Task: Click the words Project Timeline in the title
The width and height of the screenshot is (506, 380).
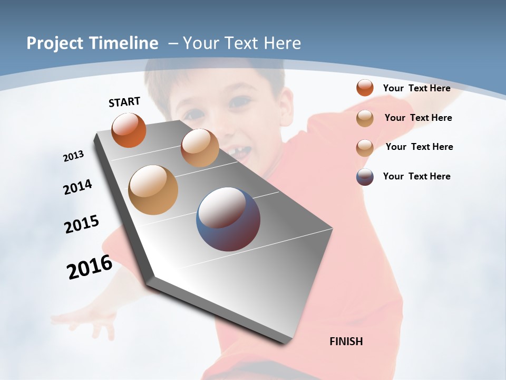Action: [x=92, y=43]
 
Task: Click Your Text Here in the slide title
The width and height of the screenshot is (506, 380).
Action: [x=242, y=43]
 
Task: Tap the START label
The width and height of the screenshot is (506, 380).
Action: [x=124, y=102]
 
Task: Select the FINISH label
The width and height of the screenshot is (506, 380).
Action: [x=346, y=341]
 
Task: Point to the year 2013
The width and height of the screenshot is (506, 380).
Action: [x=73, y=156]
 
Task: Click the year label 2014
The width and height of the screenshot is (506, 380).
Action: [x=77, y=187]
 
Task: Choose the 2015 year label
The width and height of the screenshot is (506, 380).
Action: [x=82, y=224]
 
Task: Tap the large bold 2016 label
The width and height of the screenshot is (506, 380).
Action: [x=90, y=267]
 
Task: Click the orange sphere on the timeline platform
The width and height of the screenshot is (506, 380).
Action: [x=129, y=130]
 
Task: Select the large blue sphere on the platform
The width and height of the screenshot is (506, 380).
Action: [x=228, y=219]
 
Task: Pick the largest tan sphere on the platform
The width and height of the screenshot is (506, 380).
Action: [x=153, y=190]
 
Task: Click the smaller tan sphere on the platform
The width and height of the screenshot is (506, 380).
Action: [x=200, y=148]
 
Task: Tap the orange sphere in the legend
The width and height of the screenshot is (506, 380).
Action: [x=365, y=88]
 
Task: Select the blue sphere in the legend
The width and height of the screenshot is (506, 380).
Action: [x=365, y=177]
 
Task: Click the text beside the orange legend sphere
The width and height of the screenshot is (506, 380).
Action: [x=416, y=88]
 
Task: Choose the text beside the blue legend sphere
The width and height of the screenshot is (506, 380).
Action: [x=416, y=176]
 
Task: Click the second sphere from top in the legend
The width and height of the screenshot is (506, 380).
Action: [x=365, y=118]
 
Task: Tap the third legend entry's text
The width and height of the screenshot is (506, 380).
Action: [x=419, y=147]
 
